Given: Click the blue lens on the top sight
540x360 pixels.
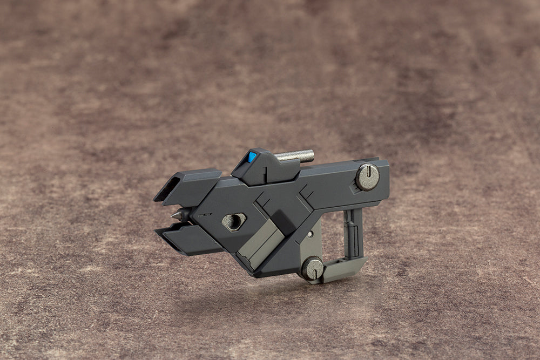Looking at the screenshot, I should (252, 157).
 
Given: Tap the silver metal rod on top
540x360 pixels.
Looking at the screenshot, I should (295, 156).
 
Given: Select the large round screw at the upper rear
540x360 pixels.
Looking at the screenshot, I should (367, 177).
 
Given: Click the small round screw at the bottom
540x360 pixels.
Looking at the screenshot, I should (312, 268).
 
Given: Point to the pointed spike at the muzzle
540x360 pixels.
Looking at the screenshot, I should (177, 215).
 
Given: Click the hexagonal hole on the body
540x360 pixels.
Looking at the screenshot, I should (234, 221).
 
